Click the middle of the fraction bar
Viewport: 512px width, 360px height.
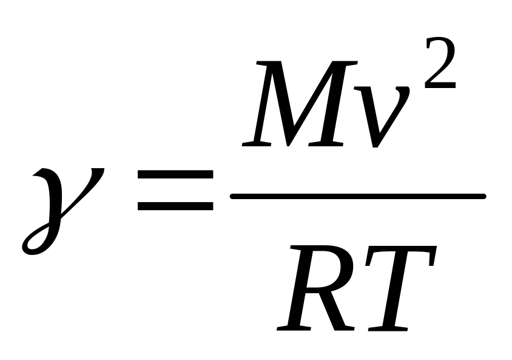(358, 196)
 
